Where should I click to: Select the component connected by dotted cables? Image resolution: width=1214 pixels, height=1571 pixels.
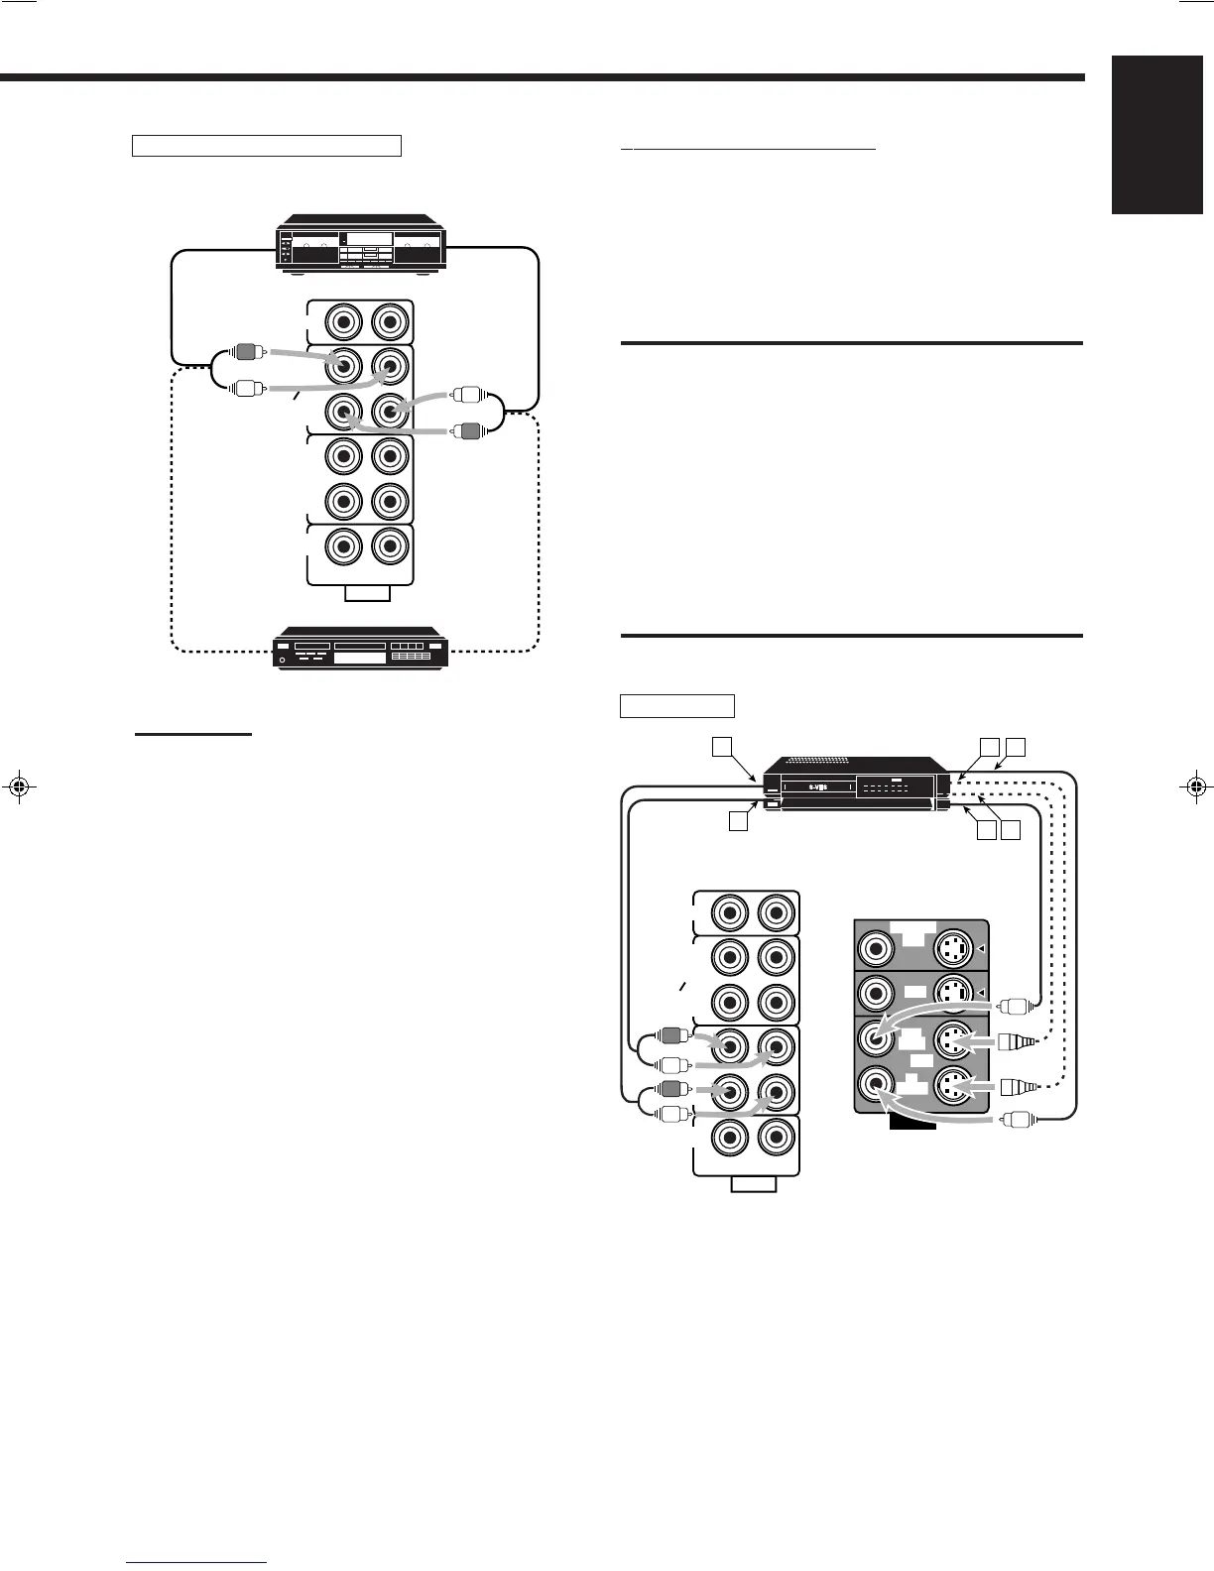[x=361, y=648]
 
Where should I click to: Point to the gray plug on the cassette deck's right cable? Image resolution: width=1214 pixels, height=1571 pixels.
[x=467, y=431]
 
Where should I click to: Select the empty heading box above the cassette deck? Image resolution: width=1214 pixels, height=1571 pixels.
[x=266, y=146]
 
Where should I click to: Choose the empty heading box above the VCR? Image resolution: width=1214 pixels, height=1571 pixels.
[x=676, y=705]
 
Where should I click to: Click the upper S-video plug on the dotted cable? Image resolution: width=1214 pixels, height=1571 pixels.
[x=1017, y=1042]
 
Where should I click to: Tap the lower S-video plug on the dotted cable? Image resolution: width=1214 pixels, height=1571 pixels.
[x=1017, y=1087]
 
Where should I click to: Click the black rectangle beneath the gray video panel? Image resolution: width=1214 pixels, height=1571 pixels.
[x=911, y=1122]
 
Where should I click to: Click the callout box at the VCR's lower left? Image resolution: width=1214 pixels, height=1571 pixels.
[x=737, y=820]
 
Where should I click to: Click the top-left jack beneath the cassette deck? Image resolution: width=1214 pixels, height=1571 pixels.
[x=342, y=322]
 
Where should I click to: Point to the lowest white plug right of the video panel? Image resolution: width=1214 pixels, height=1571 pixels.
[x=1019, y=1121]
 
